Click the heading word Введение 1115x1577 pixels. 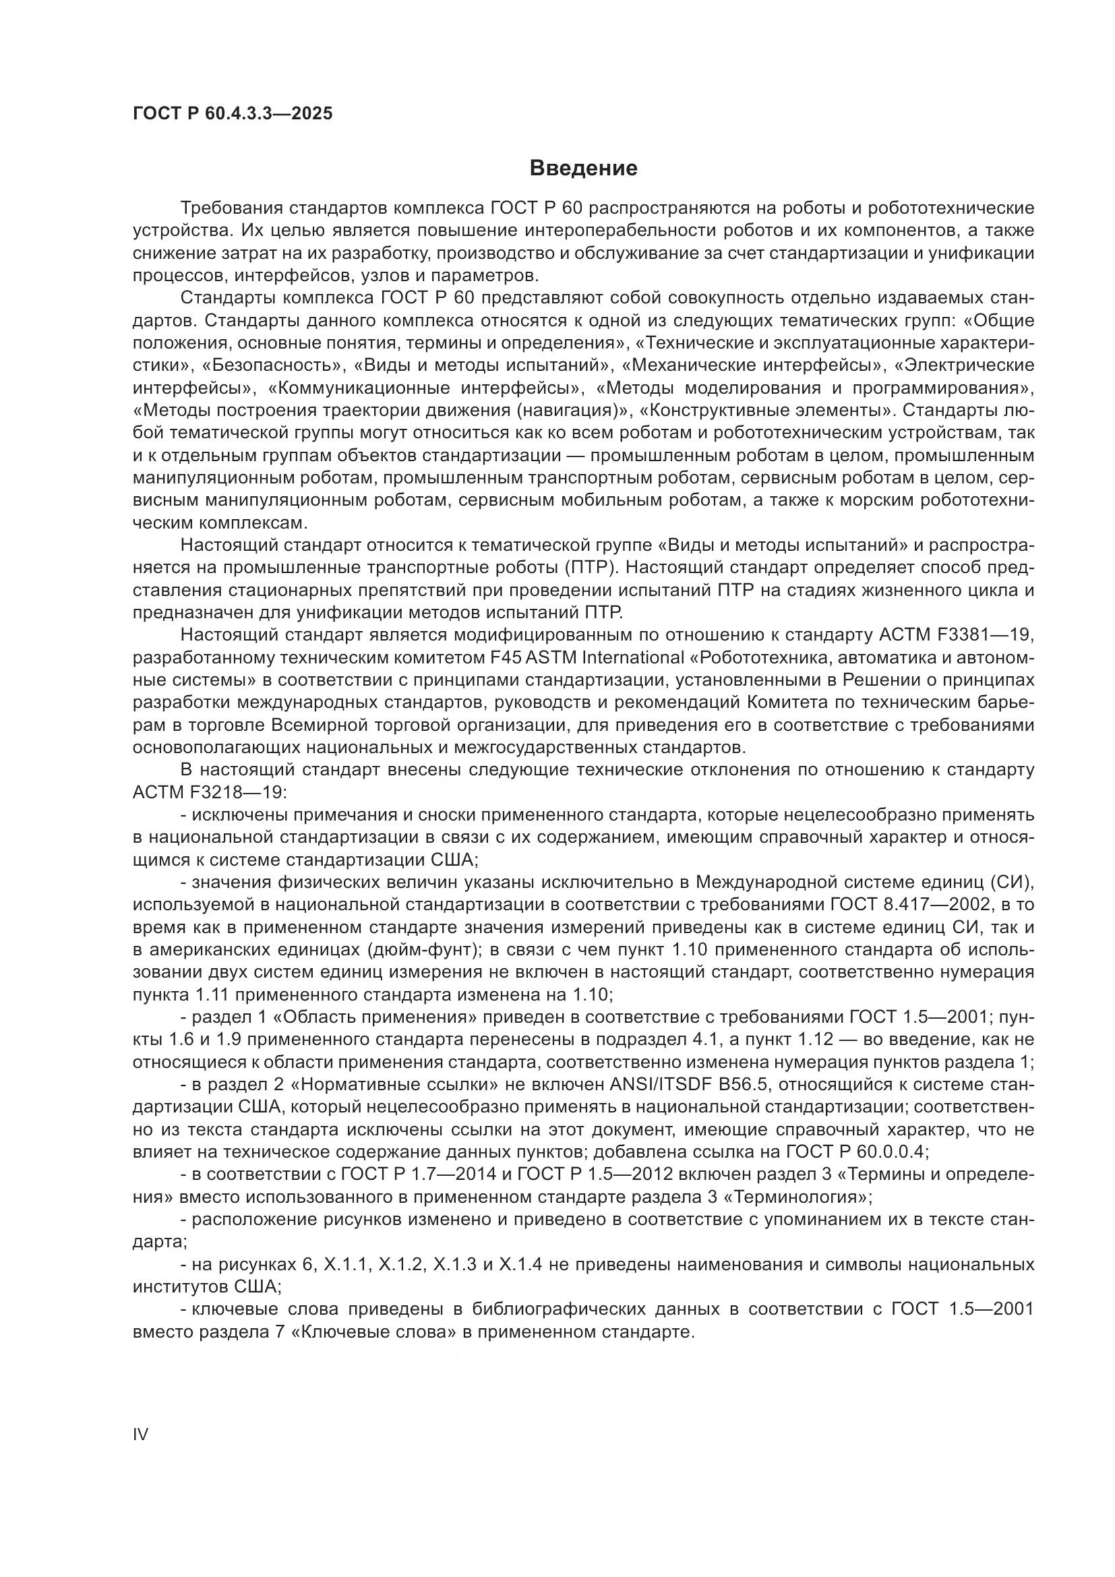(584, 169)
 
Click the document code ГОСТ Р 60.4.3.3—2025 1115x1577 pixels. (233, 114)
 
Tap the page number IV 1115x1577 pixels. (140, 1434)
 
